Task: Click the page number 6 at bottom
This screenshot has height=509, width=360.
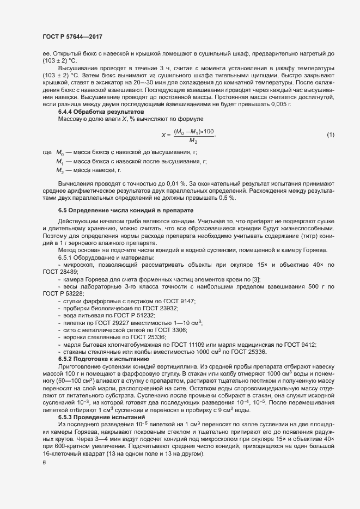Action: coord(44,463)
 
